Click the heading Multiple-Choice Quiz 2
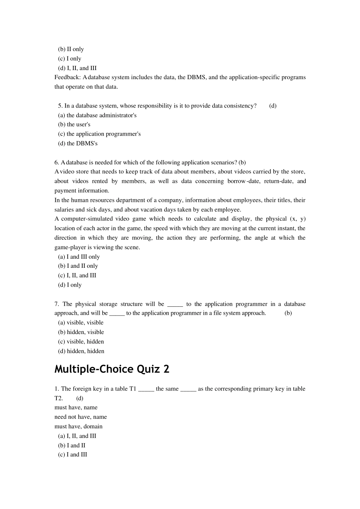112,369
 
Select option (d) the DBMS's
78,144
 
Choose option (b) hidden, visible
81,332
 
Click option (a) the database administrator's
97,115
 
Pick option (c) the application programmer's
99,134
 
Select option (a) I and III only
79,257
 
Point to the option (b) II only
71,49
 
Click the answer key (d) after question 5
273,106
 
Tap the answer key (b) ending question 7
288,313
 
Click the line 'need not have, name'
81,417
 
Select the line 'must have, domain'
78,426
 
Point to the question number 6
56,162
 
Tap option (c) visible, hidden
81,342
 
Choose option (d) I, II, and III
77,68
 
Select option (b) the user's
74,125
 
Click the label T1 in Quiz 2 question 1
133,389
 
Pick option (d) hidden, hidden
81,351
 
